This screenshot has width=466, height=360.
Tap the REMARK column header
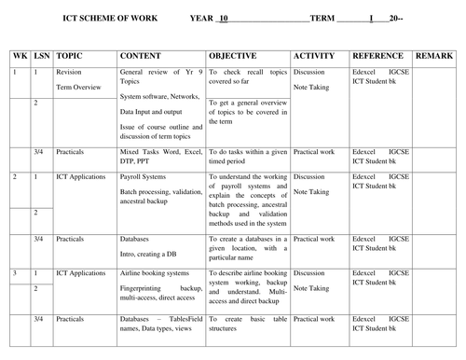click(433, 56)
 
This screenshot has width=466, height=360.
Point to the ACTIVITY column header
click(314, 56)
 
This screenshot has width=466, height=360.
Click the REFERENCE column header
click(378, 56)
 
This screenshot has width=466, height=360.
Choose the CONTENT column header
click(145, 56)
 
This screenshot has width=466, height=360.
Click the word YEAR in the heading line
click(202, 18)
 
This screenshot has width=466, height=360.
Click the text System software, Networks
click(159, 96)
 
